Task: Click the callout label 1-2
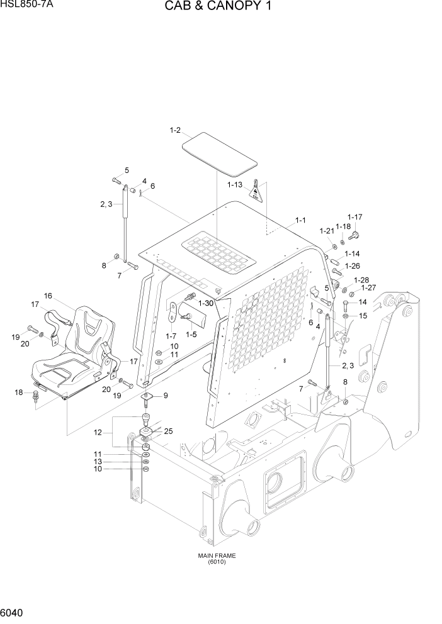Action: (x=175, y=130)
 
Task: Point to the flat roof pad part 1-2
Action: (x=219, y=154)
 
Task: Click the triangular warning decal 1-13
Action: (x=255, y=191)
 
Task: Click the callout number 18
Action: (x=19, y=393)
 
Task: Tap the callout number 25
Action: (x=168, y=431)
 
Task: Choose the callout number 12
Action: (x=97, y=433)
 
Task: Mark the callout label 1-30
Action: (x=206, y=303)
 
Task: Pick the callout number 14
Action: (x=362, y=303)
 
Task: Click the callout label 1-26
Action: (x=352, y=265)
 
